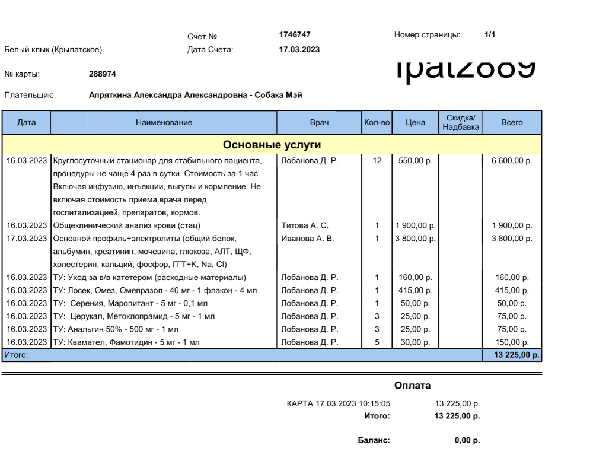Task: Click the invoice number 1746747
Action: [x=295, y=35]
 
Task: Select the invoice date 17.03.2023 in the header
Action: [x=299, y=50]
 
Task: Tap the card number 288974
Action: [x=102, y=74]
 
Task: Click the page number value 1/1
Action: [x=490, y=35]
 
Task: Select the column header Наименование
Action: [x=164, y=123]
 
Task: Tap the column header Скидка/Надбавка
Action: [x=461, y=123]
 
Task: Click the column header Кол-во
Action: [x=377, y=123]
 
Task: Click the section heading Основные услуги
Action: [x=272, y=145]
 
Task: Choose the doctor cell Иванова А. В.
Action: [x=306, y=239]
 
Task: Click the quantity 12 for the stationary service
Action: [x=377, y=160]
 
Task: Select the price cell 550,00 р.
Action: [x=415, y=160]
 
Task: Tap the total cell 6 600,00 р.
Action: [x=512, y=160]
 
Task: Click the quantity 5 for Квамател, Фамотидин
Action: [x=377, y=342]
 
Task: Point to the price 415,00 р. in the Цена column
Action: [x=415, y=290]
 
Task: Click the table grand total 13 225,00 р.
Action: [x=512, y=355]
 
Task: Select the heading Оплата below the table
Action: [x=413, y=386]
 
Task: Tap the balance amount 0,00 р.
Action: [x=467, y=441]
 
